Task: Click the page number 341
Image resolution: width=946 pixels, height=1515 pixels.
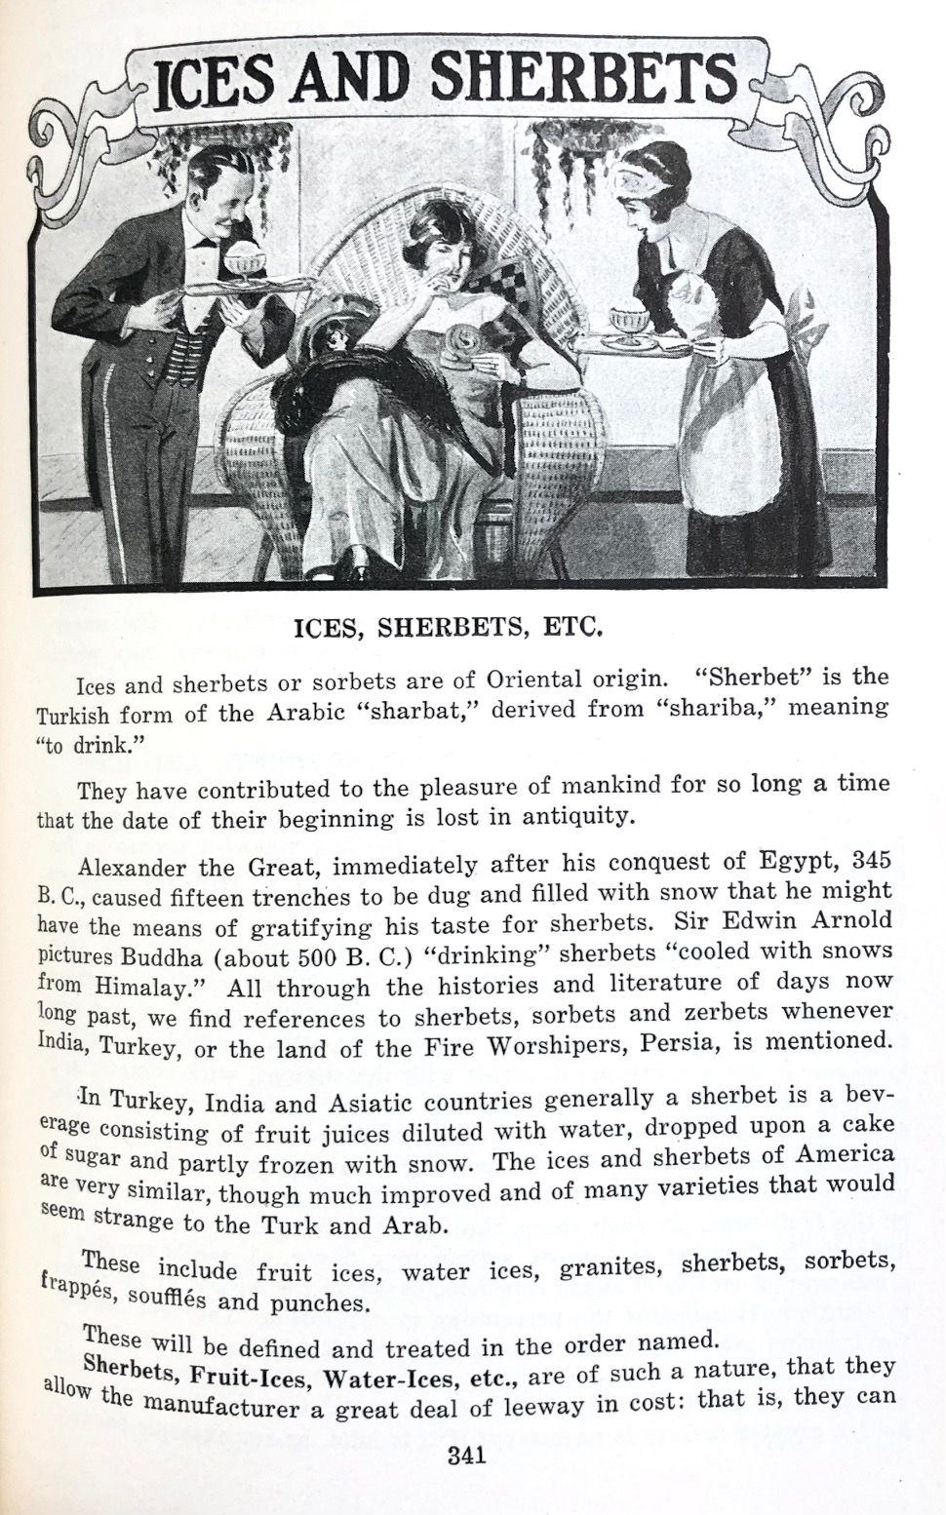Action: (466, 1456)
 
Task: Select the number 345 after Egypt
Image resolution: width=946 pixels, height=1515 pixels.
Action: (872, 860)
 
